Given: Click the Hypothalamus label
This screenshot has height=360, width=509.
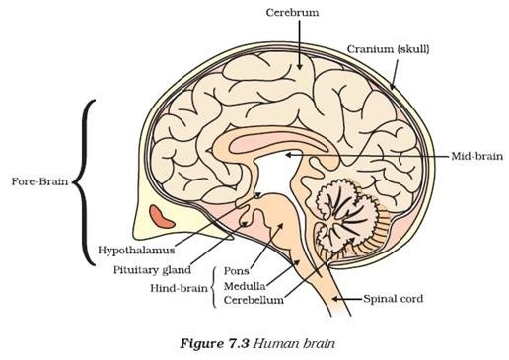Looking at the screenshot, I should click(133, 251).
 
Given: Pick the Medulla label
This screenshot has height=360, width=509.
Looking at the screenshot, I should click(242, 284).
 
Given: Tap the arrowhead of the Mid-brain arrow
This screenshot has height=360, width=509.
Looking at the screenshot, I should click(287, 156).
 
